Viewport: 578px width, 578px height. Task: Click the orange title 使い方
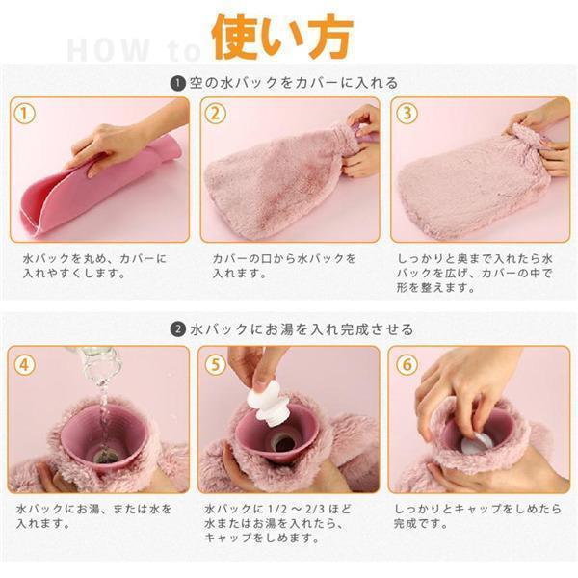282,38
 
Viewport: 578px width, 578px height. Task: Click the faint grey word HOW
109,50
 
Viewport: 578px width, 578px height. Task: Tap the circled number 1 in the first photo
24,113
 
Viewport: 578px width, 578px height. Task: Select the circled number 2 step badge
215,113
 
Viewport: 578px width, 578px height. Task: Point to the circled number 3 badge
407,113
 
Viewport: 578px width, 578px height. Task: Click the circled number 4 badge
24,364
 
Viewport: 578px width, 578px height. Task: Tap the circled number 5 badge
215,364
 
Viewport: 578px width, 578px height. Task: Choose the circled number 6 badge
407,364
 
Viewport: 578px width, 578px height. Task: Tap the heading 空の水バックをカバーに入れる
294,83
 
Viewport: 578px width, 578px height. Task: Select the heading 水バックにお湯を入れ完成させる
302,328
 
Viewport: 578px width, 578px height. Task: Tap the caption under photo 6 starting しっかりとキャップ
478,516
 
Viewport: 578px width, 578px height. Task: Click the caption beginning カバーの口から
284,266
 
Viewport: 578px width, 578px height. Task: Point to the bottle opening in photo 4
105,457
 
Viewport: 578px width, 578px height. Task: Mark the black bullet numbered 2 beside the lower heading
178,328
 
